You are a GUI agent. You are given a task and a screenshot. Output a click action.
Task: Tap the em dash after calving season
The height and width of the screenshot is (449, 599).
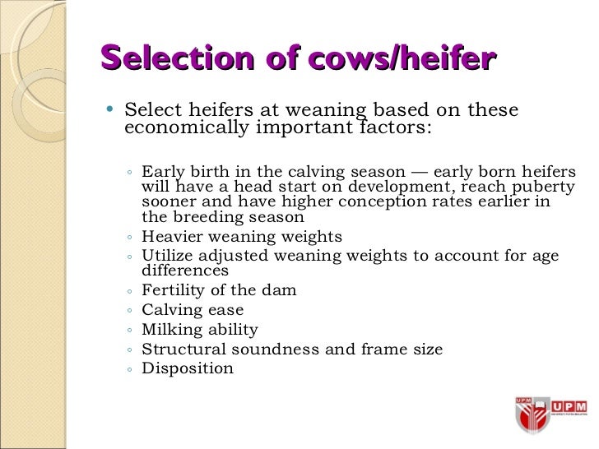click(x=419, y=172)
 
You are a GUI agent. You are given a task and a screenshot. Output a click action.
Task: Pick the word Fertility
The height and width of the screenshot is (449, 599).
click(x=173, y=290)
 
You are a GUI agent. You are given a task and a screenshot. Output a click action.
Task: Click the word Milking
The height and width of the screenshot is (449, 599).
click(x=170, y=330)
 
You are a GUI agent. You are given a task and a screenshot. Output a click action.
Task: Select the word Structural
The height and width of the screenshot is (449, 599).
click(x=180, y=349)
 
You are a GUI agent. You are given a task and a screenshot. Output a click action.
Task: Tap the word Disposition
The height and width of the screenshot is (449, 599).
click(x=188, y=368)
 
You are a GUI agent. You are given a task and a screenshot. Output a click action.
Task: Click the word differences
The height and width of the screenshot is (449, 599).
click(x=185, y=270)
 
